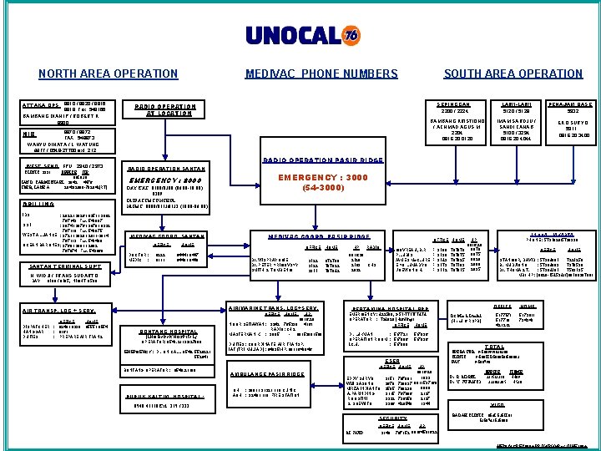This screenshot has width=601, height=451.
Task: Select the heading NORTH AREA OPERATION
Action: click(x=96, y=74)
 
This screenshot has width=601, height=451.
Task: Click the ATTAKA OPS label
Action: click(x=41, y=105)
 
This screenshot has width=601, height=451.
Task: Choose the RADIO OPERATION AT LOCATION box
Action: click(x=165, y=110)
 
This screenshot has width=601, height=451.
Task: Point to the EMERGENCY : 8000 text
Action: click(x=164, y=180)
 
